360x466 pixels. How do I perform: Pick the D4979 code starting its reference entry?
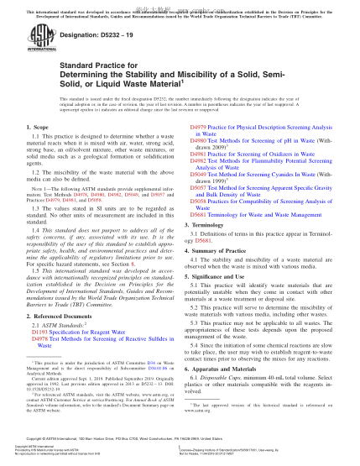(x=190, y=125)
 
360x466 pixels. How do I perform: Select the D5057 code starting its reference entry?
(x=190, y=189)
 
